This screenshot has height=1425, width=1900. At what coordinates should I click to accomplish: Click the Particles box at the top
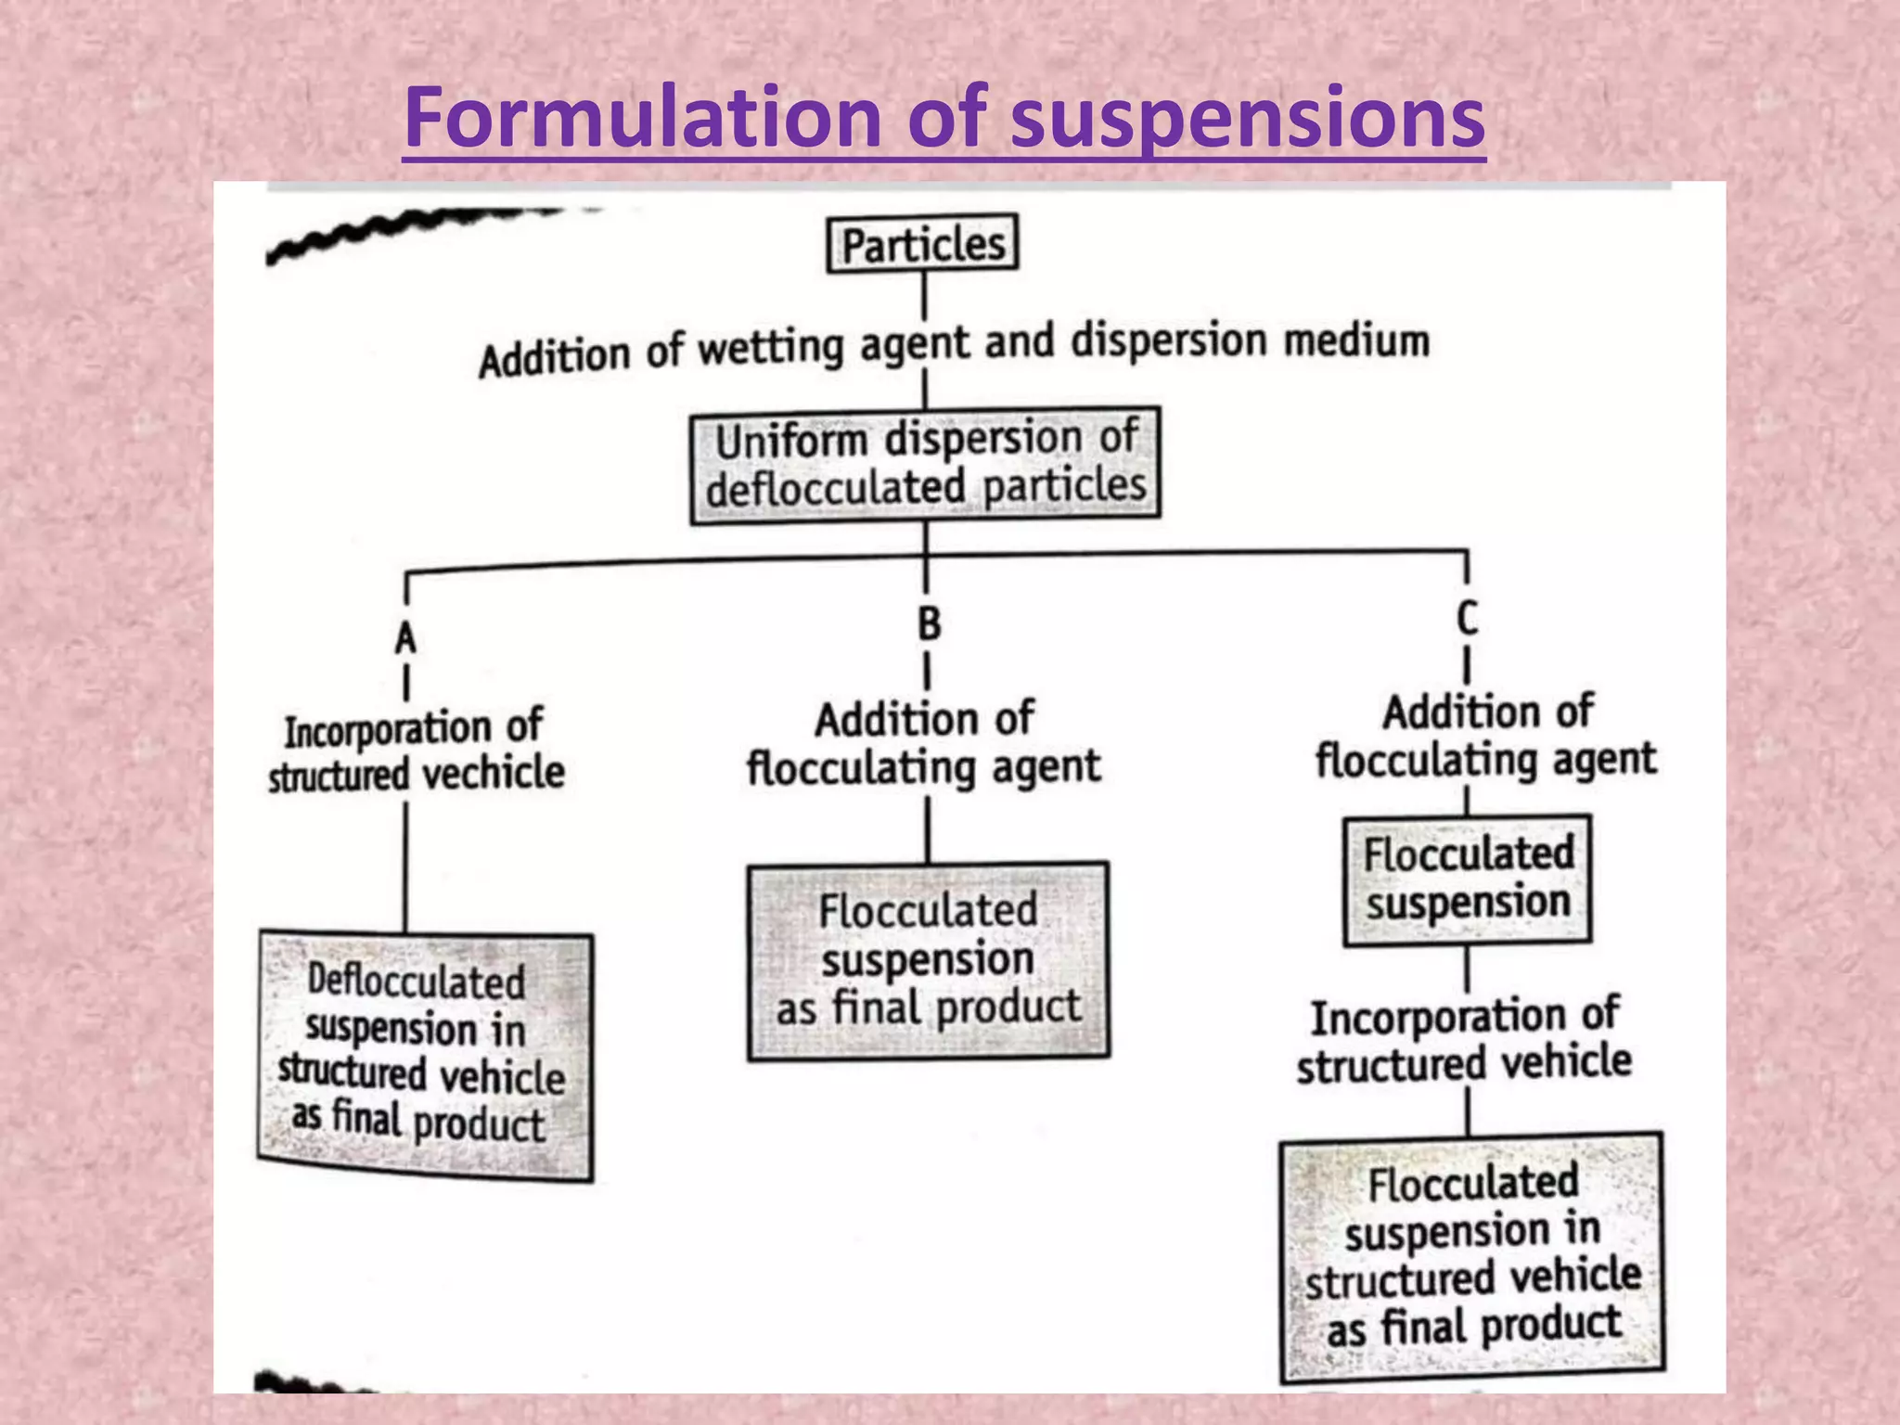coord(922,244)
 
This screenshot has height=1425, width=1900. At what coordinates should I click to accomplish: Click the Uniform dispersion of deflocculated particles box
coord(925,464)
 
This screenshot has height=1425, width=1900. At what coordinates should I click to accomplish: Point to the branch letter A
coord(405,638)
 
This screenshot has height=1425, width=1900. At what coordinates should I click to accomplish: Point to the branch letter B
coord(929,623)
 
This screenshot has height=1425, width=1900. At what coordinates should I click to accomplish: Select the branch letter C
coord(1467,618)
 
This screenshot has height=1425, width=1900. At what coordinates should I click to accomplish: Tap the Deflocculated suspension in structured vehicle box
coord(426,1056)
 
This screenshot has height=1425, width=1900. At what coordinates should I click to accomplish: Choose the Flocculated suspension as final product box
coord(928,960)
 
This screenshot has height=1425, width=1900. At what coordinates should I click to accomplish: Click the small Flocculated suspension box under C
coord(1467,879)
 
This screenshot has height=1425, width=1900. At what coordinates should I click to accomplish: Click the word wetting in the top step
coord(770,349)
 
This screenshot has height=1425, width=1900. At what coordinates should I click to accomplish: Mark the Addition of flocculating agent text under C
coord(1485,736)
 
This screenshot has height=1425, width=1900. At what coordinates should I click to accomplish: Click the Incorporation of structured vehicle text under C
coord(1465,1039)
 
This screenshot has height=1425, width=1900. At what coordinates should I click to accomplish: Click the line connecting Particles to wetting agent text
coord(924,296)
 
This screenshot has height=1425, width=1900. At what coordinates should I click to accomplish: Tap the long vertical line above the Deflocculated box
coord(405,867)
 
